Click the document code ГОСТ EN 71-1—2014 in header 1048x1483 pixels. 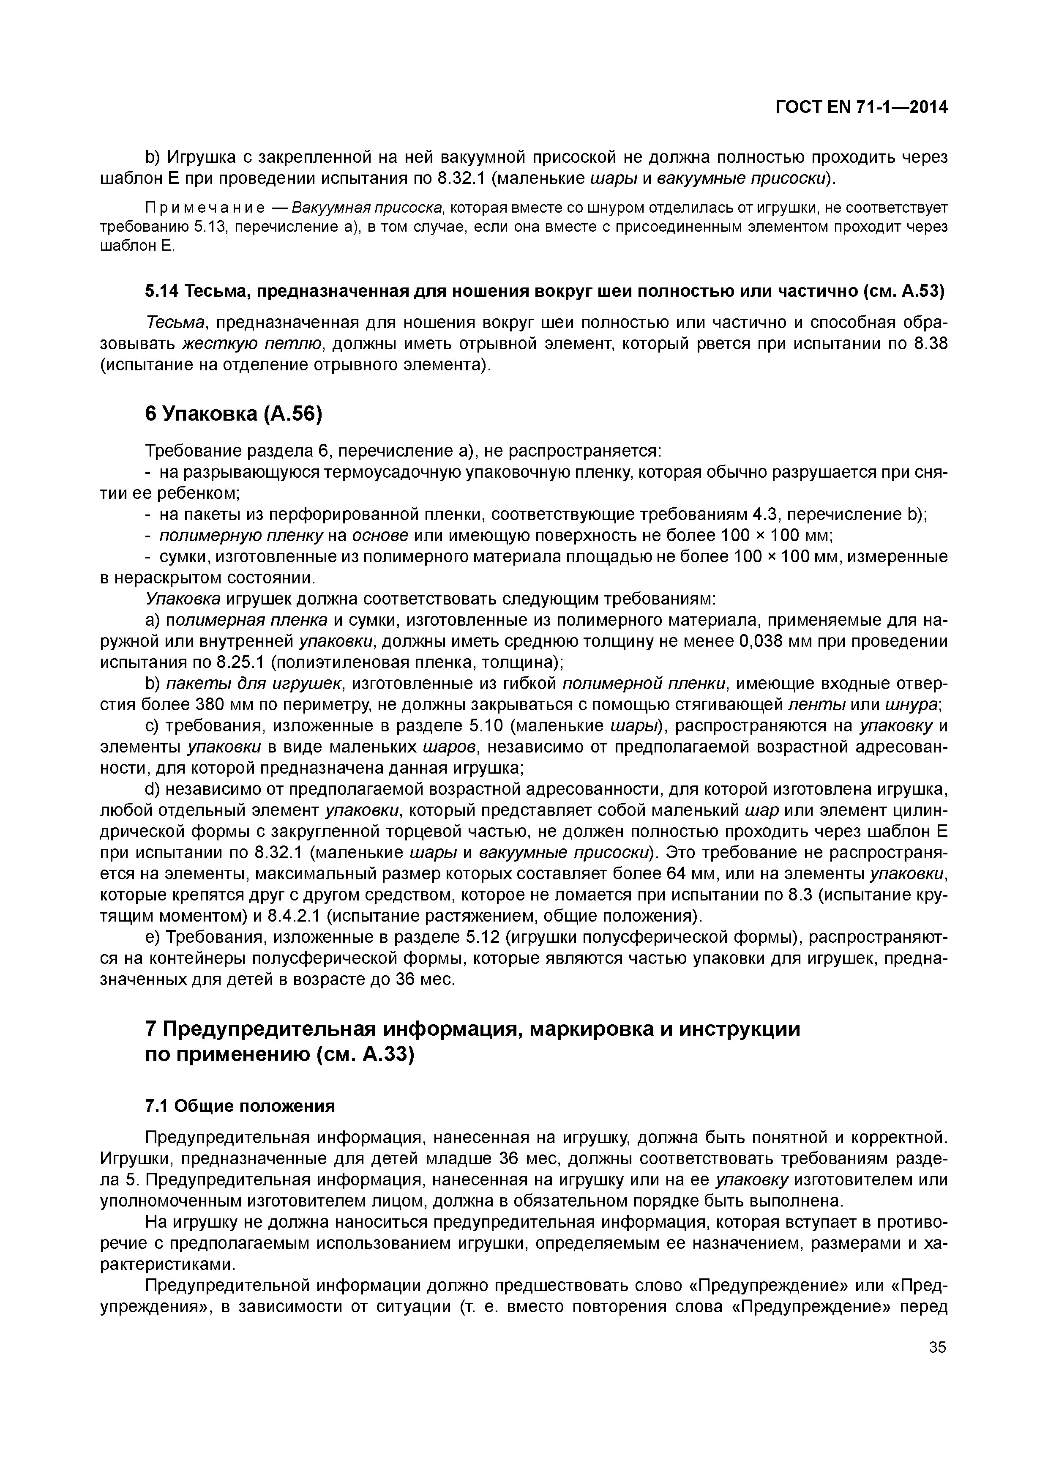[x=861, y=108]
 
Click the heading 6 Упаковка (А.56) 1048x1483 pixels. [x=233, y=414]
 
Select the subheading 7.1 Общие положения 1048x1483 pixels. [x=240, y=1106]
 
